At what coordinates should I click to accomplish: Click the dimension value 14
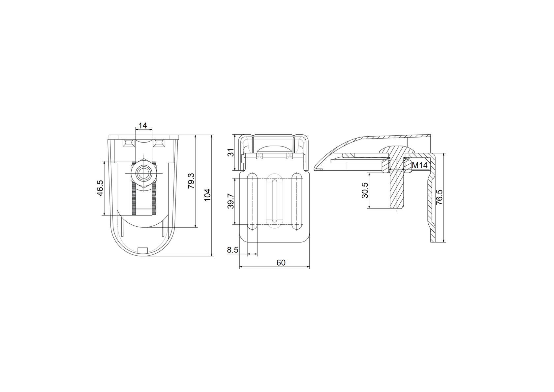point(142,126)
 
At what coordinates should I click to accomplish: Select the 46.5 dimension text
point(100,188)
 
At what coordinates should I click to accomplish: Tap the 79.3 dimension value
point(191,181)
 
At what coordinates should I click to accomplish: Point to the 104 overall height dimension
point(207,195)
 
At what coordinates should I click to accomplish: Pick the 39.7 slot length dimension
point(231,201)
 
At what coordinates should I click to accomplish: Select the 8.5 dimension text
point(232,250)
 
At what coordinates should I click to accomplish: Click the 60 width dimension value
point(281,263)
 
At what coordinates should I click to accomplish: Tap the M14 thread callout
point(420,166)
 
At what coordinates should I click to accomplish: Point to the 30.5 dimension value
point(365,190)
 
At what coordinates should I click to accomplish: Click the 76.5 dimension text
point(439,197)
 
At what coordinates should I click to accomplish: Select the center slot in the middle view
point(275,201)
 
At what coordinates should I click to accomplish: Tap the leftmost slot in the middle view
point(253,201)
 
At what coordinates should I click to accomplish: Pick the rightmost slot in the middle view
point(297,201)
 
